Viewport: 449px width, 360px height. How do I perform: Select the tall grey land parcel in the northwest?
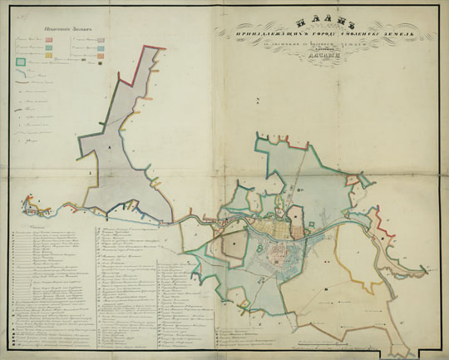click(125, 141)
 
